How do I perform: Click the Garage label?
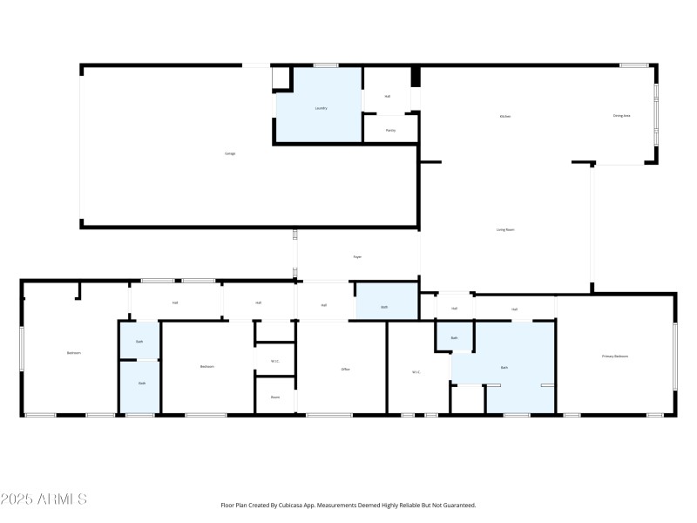[230, 153]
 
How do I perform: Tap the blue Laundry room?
[320, 108]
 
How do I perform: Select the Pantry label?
[390, 130]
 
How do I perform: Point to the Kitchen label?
[504, 116]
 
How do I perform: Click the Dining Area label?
[621, 115]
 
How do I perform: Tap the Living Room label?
[505, 229]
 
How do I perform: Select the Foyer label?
[357, 256]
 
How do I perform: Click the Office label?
[345, 370]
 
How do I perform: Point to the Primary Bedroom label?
[615, 357]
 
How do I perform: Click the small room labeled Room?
[274, 397]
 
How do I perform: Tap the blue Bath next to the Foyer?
[384, 307]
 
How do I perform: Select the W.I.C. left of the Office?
[274, 361]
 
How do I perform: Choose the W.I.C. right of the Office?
[416, 372]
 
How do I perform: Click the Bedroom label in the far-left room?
[73, 353]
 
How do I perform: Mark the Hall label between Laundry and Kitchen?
[387, 97]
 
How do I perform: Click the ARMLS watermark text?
[44, 499]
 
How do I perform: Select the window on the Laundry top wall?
[326, 65]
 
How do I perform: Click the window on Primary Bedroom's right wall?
[674, 357]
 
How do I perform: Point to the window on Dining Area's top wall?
[633, 65]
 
